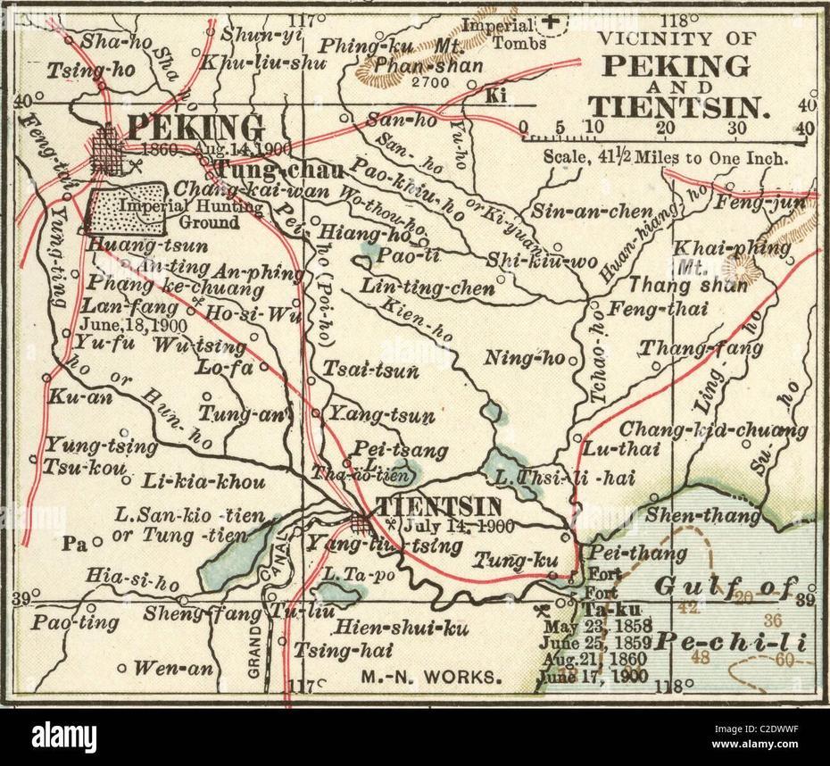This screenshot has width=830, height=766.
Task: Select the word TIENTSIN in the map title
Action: click(x=679, y=107)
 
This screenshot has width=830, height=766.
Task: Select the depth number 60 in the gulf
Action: click(x=784, y=660)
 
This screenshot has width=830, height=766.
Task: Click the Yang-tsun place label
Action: click(x=382, y=415)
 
